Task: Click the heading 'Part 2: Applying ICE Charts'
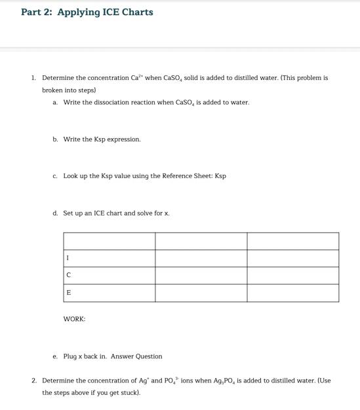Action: (x=87, y=12)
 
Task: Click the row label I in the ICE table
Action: (x=67, y=258)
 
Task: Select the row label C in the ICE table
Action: (x=68, y=275)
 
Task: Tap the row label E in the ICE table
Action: (x=68, y=293)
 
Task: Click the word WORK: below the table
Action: (x=74, y=319)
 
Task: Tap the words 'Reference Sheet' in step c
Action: (x=182, y=176)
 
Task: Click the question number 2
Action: (x=33, y=381)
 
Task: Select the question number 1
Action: (x=33, y=77)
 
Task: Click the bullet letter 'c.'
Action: (x=55, y=176)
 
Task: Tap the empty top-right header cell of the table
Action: (x=292, y=241)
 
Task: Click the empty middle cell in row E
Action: (x=201, y=293)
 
